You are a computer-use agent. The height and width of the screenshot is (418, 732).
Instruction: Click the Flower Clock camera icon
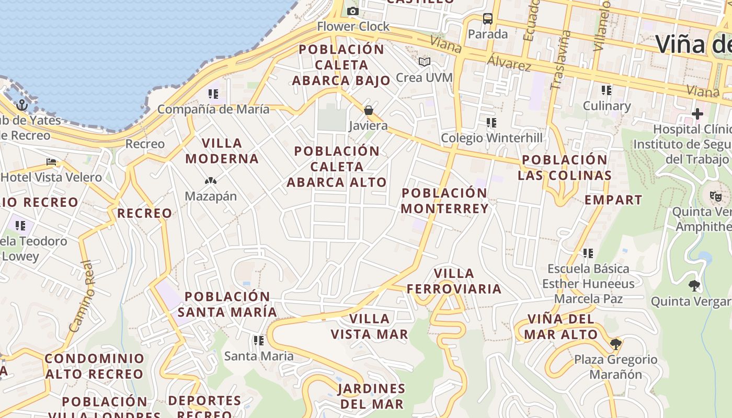click(x=353, y=11)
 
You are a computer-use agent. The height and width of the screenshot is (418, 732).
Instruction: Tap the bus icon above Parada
click(x=488, y=19)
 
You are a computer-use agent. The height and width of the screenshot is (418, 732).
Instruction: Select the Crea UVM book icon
click(x=425, y=62)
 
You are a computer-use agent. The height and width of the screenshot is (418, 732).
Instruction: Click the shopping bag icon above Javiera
click(x=369, y=110)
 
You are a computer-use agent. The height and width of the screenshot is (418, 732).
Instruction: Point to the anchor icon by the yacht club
click(x=22, y=105)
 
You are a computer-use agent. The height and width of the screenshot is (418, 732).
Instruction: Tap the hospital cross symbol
click(x=697, y=113)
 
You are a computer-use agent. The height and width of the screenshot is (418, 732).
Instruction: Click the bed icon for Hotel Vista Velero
click(x=51, y=162)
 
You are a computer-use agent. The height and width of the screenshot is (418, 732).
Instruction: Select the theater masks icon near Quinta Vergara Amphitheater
click(x=715, y=196)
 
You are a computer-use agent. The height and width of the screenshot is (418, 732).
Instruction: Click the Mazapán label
click(x=211, y=196)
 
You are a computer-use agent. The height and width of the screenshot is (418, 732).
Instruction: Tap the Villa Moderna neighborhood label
click(x=222, y=150)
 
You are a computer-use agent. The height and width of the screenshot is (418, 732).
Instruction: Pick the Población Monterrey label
click(x=445, y=201)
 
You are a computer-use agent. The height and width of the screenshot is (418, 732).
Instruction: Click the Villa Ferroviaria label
click(x=454, y=281)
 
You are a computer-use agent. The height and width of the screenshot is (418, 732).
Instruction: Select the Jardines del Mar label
click(x=372, y=396)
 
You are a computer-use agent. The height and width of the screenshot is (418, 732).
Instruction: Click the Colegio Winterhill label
click(x=491, y=138)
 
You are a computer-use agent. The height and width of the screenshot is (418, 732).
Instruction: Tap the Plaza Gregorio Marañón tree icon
click(x=616, y=344)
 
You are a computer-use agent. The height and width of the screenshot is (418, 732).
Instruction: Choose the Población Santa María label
click(x=227, y=304)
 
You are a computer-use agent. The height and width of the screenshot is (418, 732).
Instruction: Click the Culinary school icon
click(x=607, y=90)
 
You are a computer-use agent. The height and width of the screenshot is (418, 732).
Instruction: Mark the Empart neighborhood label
click(x=613, y=200)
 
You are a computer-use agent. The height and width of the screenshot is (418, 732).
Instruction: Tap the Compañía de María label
click(x=213, y=109)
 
